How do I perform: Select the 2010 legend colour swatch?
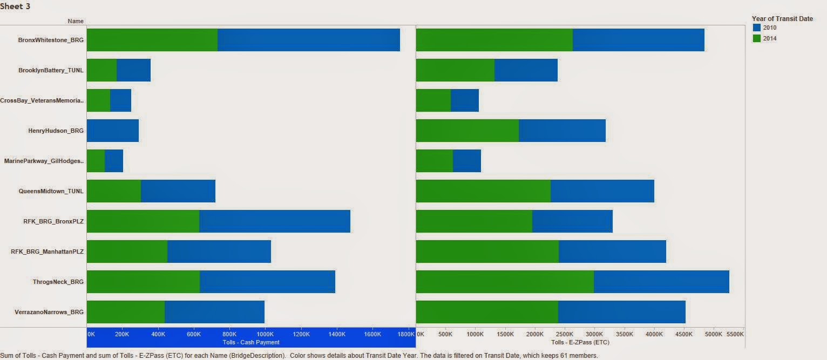(757, 28)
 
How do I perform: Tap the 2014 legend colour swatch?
(757, 38)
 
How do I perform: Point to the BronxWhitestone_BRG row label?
(51, 40)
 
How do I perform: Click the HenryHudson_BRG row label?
(56, 131)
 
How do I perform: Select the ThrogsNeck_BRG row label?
(58, 282)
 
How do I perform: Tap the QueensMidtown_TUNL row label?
(51, 191)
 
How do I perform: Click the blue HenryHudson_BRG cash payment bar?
(112, 131)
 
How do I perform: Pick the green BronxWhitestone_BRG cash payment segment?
(152, 40)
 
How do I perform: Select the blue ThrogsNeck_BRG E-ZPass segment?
(661, 282)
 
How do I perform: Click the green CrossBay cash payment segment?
(98, 100)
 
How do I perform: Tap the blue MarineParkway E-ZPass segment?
(466, 161)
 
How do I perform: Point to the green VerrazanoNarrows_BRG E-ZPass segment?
(487, 312)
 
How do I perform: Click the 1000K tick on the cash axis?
(265, 334)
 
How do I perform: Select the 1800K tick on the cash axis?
(406, 334)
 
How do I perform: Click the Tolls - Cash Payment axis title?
(251, 342)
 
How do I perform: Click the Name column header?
(76, 21)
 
